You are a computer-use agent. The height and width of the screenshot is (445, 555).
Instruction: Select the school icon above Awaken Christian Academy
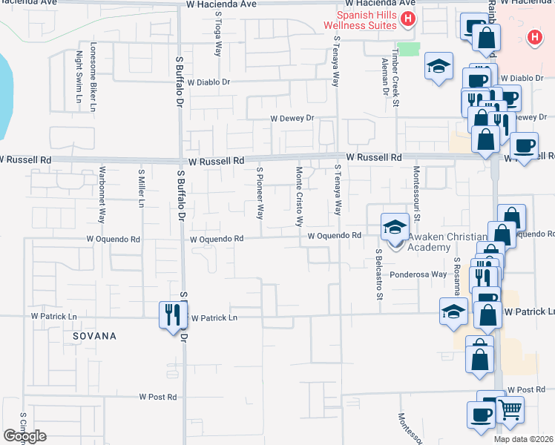[x=395, y=226]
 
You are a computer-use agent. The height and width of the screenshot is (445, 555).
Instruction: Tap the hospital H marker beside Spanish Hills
[x=407, y=19]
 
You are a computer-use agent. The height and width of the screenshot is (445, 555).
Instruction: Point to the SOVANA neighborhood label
[x=94, y=336]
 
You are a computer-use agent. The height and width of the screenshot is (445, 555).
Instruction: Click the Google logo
[x=24, y=436]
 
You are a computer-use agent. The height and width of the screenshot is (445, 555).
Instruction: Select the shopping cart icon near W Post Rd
[x=509, y=409]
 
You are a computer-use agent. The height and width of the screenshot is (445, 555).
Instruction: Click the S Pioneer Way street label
[x=260, y=194]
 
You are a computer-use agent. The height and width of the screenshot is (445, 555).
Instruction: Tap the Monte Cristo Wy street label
[x=300, y=197]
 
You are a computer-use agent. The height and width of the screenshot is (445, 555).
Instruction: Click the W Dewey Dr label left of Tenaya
[x=292, y=118]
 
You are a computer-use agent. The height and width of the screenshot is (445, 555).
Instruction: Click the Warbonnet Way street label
[x=102, y=195]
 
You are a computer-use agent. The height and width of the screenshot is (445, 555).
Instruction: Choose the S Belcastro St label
[x=378, y=274]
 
